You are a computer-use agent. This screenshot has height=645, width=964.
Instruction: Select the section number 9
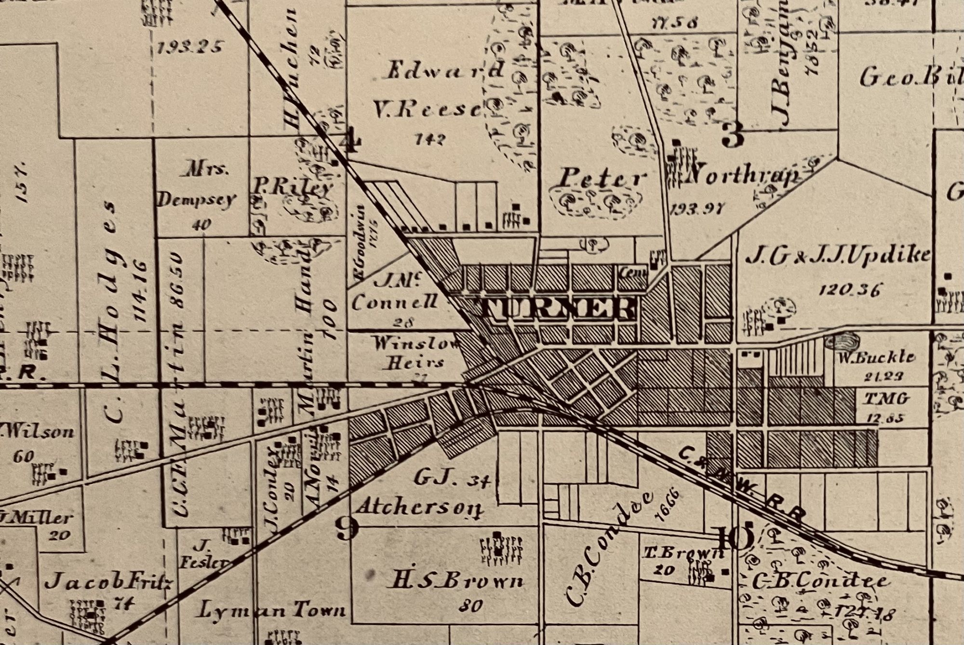pyautogui.click(x=348, y=528)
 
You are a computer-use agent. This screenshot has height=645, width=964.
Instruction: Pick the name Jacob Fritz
pyautogui.click(x=108, y=583)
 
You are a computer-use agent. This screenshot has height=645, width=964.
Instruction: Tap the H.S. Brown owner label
pyautogui.click(x=455, y=582)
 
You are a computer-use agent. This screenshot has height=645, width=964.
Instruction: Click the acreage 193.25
pyautogui.click(x=190, y=47)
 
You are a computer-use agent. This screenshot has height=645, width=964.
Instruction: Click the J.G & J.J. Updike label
pyautogui.click(x=838, y=256)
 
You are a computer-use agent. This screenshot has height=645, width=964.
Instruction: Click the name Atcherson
pyautogui.click(x=419, y=508)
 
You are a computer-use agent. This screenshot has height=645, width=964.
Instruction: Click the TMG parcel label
pyautogui.click(x=886, y=398)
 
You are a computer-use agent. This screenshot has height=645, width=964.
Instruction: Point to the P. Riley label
pyautogui.click(x=293, y=188)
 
